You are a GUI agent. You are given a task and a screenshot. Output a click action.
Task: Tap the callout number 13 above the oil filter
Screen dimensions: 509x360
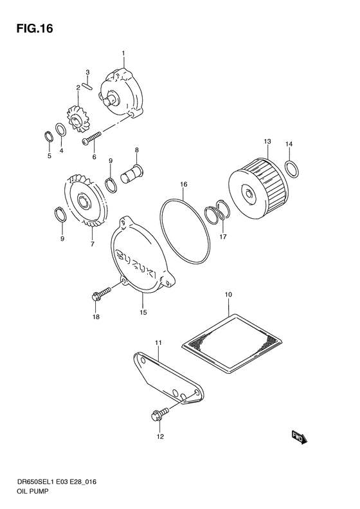(x=267, y=141)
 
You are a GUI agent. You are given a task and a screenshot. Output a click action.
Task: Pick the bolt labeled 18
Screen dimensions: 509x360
(x=102, y=295)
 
